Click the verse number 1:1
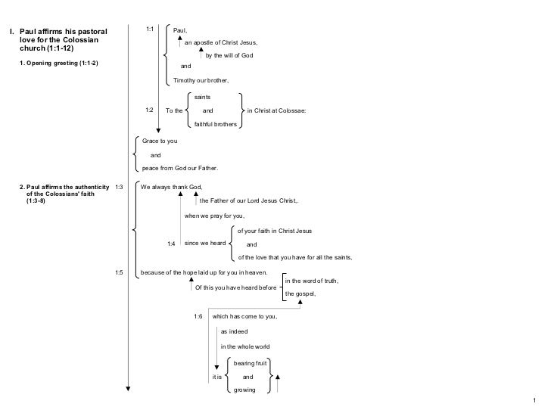150,29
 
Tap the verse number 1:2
150,110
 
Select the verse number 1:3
118,186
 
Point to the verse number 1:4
171,244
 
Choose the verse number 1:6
198,315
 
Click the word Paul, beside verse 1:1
180,30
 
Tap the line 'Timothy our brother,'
201,80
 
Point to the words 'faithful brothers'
216,123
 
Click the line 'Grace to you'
159,141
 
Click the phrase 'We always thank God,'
172,186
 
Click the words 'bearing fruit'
250,363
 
